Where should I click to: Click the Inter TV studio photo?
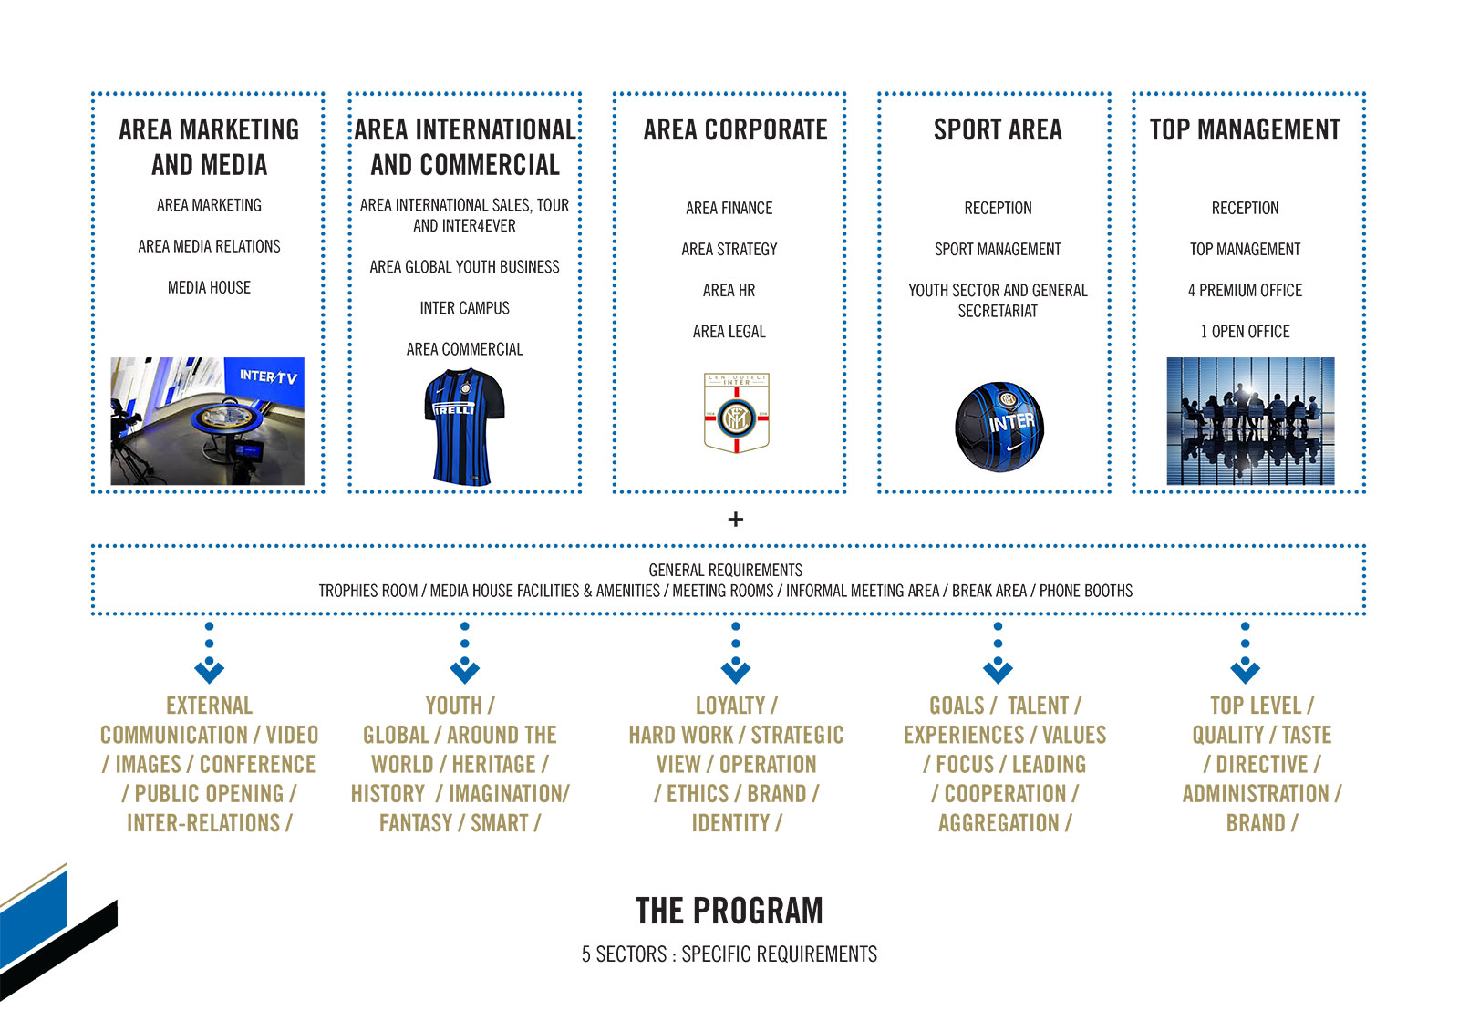[207, 421]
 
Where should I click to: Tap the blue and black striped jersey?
[464, 427]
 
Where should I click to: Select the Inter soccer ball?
[999, 427]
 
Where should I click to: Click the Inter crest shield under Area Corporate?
[736, 413]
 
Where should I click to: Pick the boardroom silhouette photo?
[1250, 421]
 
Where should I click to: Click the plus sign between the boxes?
[735, 519]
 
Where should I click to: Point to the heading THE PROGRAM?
[729, 911]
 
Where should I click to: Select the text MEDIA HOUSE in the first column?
[209, 287]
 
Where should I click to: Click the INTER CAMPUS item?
[464, 308]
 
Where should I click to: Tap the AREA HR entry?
[729, 291]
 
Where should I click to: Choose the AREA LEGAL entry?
[729, 332]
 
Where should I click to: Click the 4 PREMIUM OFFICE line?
[1245, 291]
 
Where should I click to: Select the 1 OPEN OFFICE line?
[1245, 332]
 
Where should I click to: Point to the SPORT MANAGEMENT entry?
[998, 250]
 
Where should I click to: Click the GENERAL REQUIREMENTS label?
[726, 571]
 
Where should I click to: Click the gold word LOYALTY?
[730, 706]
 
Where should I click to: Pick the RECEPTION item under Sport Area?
[998, 209]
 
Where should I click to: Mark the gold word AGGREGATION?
[999, 823]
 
